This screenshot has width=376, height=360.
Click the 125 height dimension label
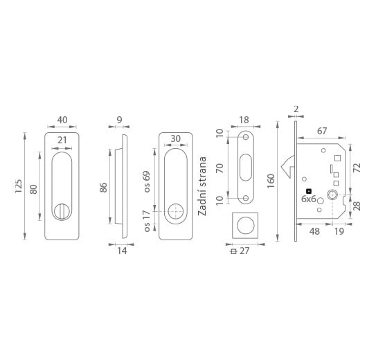18,186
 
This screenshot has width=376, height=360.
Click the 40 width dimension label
62,120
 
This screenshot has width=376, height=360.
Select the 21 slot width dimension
62,140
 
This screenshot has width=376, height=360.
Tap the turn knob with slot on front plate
62,211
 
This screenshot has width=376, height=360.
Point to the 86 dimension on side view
104,188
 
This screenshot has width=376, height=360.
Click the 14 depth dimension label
122,251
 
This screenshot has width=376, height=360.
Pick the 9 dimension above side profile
119,120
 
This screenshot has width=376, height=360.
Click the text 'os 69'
146,181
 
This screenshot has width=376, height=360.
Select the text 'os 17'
146,221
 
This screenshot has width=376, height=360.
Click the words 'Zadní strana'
202,186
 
